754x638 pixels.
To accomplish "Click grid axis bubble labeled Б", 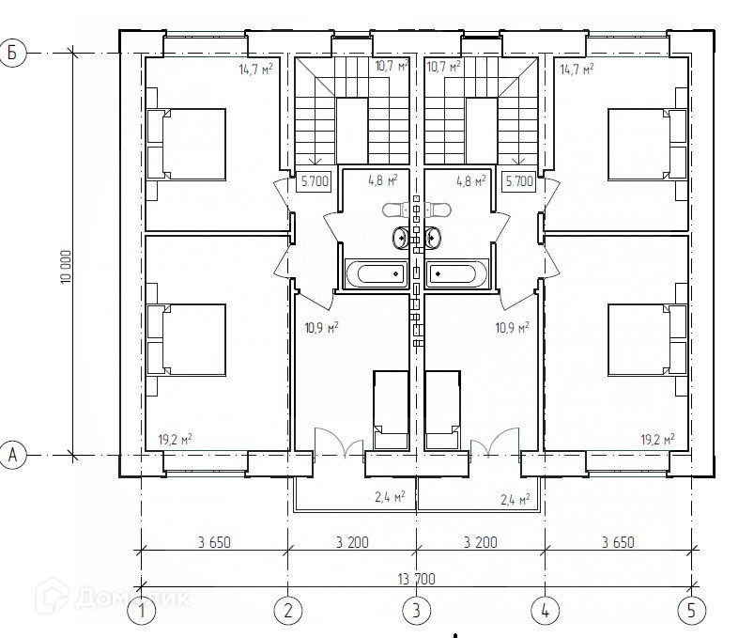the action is [x=12, y=53].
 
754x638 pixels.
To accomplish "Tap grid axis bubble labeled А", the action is [x=12, y=454].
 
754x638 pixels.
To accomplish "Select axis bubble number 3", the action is [x=416, y=611].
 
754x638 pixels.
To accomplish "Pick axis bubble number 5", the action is [x=691, y=611].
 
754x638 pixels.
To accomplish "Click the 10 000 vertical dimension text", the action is [x=66, y=267].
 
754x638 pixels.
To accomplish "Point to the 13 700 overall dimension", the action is [x=416, y=579].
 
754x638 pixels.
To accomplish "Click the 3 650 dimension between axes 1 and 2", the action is [x=214, y=542].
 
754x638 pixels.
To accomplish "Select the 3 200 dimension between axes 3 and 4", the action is [x=481, y=542].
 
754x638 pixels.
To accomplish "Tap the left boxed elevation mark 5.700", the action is [x=315, y=181].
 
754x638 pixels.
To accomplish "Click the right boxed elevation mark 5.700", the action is [x=519, y=181].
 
